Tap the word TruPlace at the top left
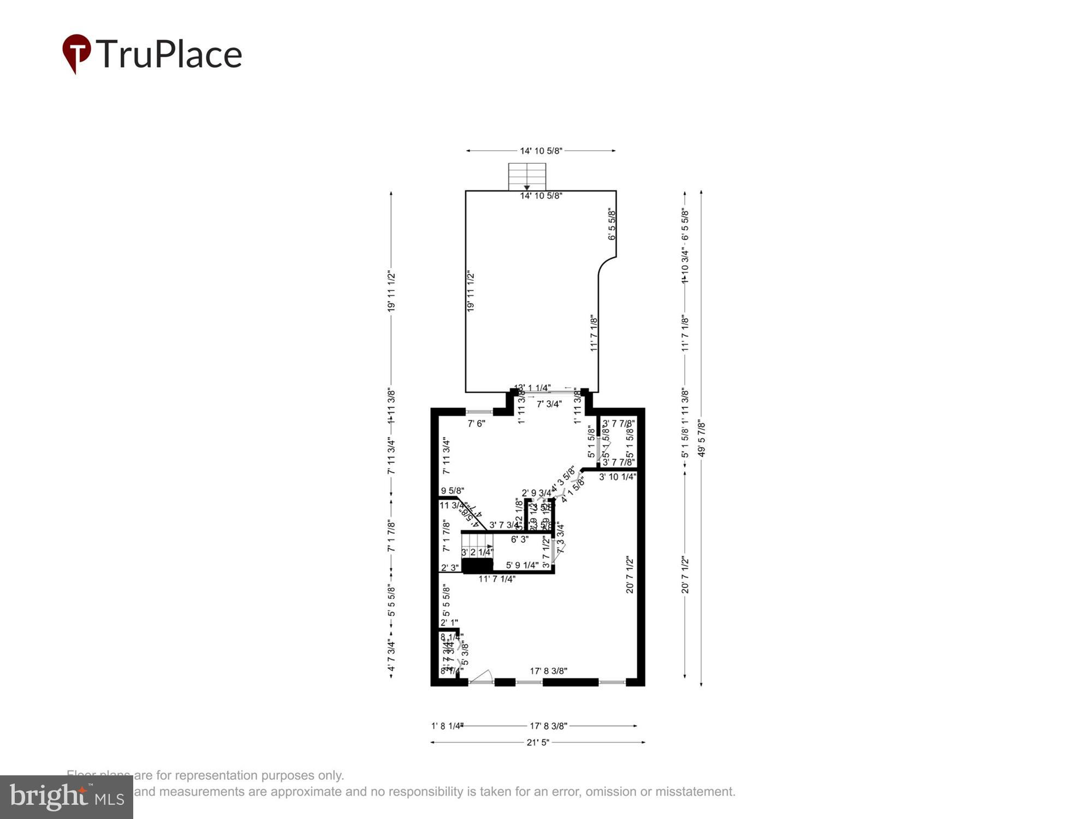[x=169, y=54]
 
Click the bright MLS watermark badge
[x=67, y=797]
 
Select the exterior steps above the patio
[x=527, y=176]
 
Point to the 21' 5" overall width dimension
[x=538, y=743]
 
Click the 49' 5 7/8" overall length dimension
[x=702, y=438]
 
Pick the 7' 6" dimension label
[x=476, y=423]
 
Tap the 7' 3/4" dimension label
[x=549, y=404]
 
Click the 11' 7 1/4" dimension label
[x=497, y=579]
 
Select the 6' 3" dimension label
[x=520, y=539]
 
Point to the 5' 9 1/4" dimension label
[x=522, y=565]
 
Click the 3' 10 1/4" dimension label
[x=618, y=477]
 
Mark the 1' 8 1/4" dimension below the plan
[x=447, y=726]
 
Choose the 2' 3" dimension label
[x=450, y=568]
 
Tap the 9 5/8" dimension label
[x=452, y=490]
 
